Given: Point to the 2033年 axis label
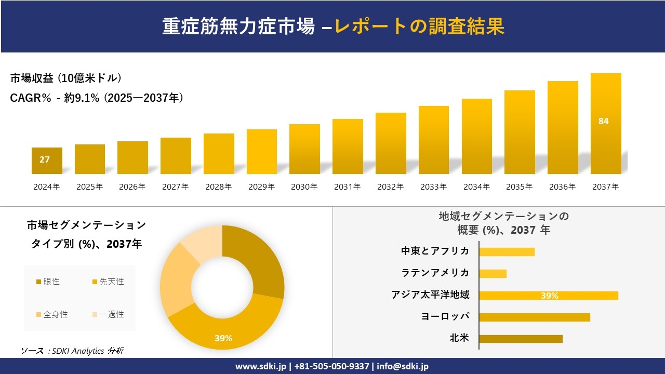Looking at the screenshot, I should [x=433, y=187].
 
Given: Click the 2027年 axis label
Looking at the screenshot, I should [x=175, y=187].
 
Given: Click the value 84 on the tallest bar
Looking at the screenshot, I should [x=603, y=121].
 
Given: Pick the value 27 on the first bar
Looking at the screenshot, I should [x=45, y=159].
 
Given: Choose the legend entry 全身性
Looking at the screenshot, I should [x=52, y=314].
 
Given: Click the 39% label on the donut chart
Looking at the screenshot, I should [x=223, y=338].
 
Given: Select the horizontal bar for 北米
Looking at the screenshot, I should [x=521, y=339].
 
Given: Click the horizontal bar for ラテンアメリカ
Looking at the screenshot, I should [x=493, y=273].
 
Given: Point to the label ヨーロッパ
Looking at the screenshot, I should [x=445, y=316].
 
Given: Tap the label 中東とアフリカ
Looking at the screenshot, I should [x=435, y=251].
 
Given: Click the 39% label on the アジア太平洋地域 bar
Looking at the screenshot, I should [x=549, y=296].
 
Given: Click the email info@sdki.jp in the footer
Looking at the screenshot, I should [x=403, y=366].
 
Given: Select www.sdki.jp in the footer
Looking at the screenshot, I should [x=260, y=366].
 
